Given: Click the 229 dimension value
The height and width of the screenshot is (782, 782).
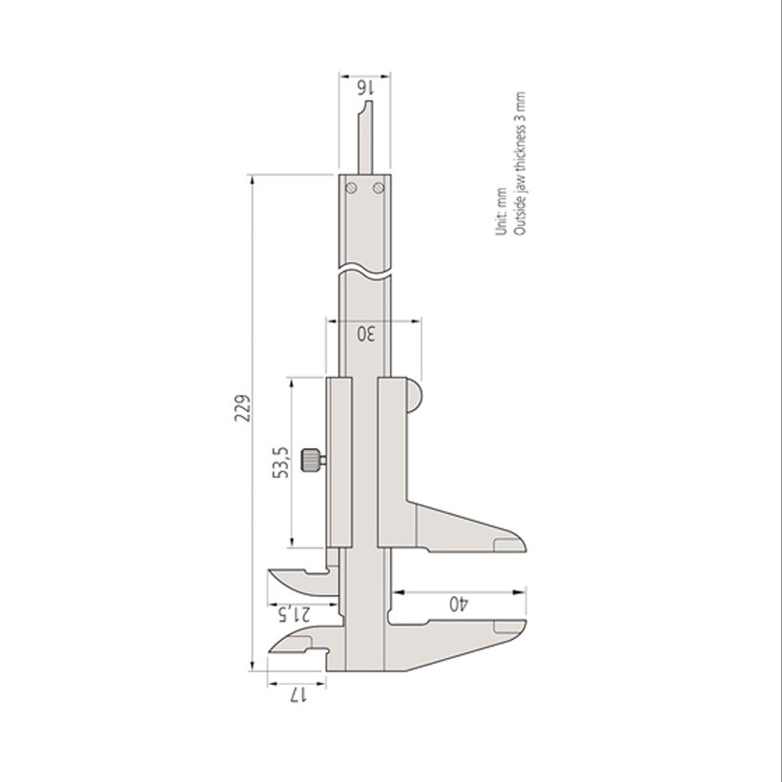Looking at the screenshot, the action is [x=242, y=408].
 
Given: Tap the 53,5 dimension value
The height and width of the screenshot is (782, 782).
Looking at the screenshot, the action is [x=280, y=463].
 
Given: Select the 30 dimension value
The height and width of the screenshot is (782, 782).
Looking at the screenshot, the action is [x=366, y=334].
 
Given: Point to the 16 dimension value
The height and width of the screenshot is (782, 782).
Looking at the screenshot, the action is [x=365, y=89].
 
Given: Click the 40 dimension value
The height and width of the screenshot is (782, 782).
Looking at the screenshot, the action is [x=459, y=604].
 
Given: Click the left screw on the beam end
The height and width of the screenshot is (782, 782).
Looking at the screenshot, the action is [x=352, y=188].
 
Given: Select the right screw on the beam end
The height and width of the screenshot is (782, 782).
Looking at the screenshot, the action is [x=379, y=188].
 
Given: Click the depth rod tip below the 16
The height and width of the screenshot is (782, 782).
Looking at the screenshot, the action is [x=369, y=102].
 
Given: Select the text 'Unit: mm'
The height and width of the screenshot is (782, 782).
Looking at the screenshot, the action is [x=502, y=212].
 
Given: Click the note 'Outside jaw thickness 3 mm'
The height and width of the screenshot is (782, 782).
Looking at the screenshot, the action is [x=519, y=164].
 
